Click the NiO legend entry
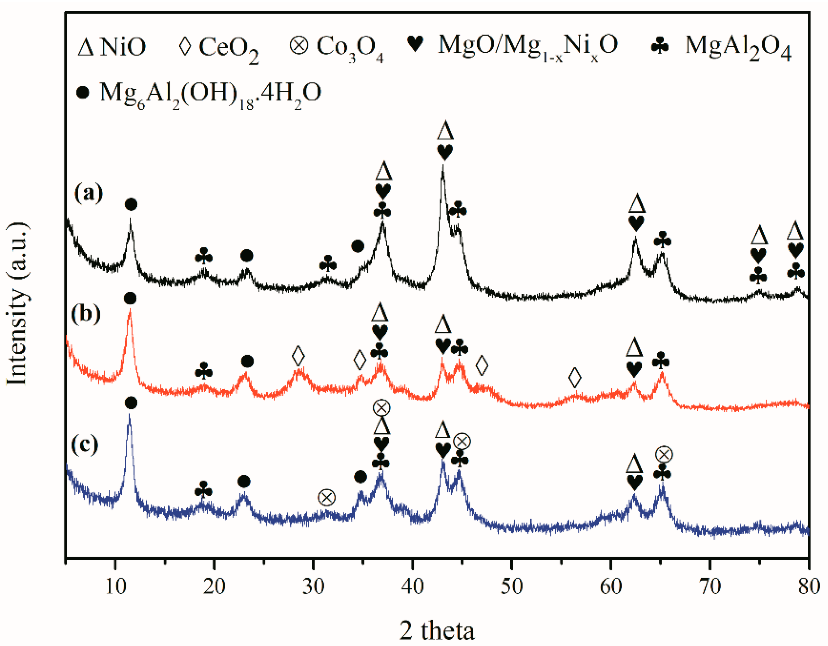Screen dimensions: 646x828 pyautogui.click(x=112, y=47)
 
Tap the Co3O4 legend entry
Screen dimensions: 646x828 pyautogui.click(x=337, y=48)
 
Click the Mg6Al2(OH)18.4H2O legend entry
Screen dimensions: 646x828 pyautogui.click(x=199, y=94)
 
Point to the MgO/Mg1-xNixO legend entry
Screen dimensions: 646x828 pyautogui.click(x=512, y=46)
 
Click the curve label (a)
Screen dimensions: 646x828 pyautogui.click(x=88, y=193)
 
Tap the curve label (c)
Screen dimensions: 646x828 pyautogui.click(x=85, y=444)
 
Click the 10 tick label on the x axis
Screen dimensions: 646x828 pyautogui.click(x=115, y=587)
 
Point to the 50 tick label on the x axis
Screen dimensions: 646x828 pyautogui.click(x=511, y=587)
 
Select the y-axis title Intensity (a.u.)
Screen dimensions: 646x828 pyautogui.click(x=17, y=303)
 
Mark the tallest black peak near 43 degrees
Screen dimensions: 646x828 pyautogui.click(x=442, y=166)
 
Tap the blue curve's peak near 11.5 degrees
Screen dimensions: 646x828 pyautogui.click(x=130, y=415)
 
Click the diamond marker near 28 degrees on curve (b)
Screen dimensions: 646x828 pyautogui.click(x=298, y=356)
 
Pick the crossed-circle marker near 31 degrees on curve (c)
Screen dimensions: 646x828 pyautogui.click(x=327, y=497)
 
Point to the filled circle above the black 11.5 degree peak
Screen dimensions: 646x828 pyautogui.click(x=131, y=205)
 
